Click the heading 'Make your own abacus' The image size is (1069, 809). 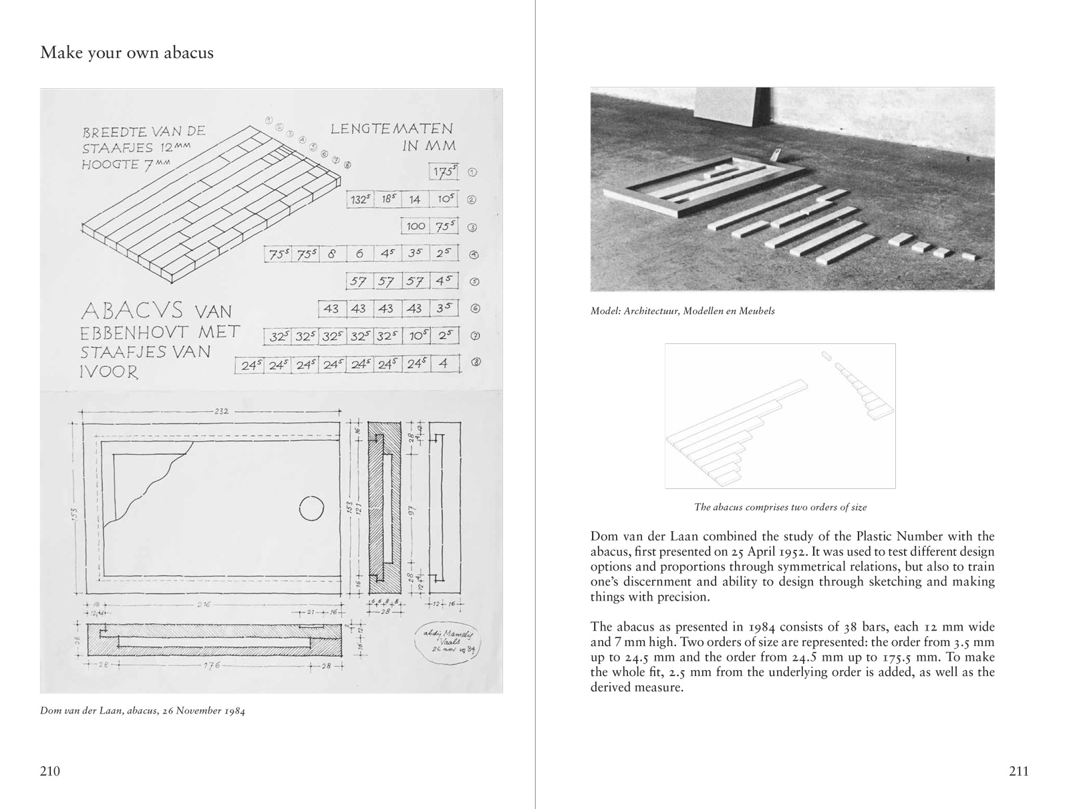tap(127, 53)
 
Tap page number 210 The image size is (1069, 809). tap(50, 772)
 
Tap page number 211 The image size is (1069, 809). tap(1018, 772)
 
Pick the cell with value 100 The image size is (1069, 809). tap(416, 226)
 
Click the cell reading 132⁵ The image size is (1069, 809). tap(361, 199)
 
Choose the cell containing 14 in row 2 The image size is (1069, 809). tap(415, 199)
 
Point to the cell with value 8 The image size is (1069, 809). tap(331, 254)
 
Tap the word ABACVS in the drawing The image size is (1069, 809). tap(132, 311)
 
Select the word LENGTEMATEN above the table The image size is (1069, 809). tap(392, 128)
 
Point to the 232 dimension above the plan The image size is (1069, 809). tap(222, 411)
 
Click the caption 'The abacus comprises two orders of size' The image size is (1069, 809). tap(780, 507)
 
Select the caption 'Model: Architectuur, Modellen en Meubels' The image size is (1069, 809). tap(682, 311)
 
